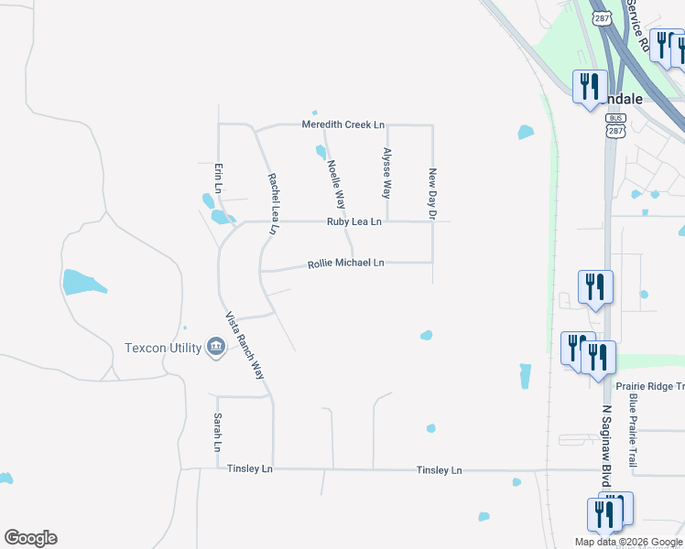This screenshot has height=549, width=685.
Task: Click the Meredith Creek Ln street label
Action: coord(344,124)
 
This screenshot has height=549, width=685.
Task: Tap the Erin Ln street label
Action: coord(218,178)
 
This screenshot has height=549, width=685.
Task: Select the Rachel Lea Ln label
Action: coord(273,205)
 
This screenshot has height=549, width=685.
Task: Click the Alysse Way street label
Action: coord(386,173)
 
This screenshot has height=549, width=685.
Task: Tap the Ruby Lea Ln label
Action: coord(354,221)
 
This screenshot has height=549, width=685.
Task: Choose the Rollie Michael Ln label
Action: coord(345,264)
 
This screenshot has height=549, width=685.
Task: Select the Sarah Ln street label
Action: coord(218,432)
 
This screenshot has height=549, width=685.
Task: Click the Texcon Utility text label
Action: coord(164,348)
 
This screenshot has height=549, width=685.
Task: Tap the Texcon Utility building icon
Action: coord(217,347)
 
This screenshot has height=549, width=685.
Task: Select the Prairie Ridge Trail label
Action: coord(649,386)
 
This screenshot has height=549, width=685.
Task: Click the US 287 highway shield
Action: coord(601,18)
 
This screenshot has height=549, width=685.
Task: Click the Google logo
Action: coord(30,538)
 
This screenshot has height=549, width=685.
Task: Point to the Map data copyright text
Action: coord(628,542)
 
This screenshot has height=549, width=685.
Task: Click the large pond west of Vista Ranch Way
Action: coord(83,282)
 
